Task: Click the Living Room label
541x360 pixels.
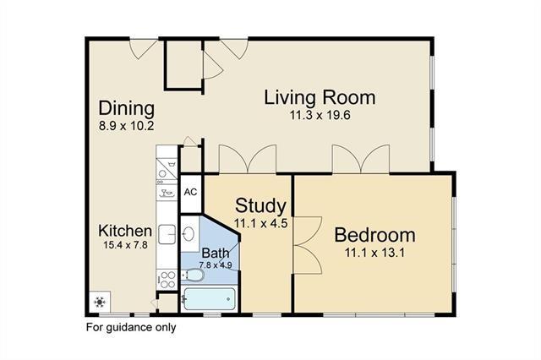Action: click(320, 97)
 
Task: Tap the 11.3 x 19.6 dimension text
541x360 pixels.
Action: click(320, 115)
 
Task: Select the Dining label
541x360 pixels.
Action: click(126, 109)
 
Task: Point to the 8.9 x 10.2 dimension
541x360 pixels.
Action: click(126, 126)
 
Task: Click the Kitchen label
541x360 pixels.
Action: click(125, 231)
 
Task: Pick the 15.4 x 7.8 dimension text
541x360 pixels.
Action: click(125, 245)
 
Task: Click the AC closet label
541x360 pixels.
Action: click(190, 192)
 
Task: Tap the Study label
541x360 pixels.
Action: click(260, 206)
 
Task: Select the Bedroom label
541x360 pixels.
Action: click(374, 235)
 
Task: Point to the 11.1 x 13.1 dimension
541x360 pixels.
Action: click(374, 253)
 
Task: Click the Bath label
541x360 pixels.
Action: click(216, 254)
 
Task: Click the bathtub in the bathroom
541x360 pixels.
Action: click(210, 298)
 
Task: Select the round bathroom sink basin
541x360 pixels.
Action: click(189, 234)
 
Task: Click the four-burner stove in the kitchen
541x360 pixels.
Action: click(167, 280)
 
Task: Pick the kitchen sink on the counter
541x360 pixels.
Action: click(167, 234)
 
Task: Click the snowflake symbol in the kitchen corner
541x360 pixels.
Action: click(100, 302)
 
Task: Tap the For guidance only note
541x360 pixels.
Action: click(131, 327)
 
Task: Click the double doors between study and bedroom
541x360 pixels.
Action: click(307, 245)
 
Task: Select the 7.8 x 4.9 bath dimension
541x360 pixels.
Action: click(216, 265)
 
